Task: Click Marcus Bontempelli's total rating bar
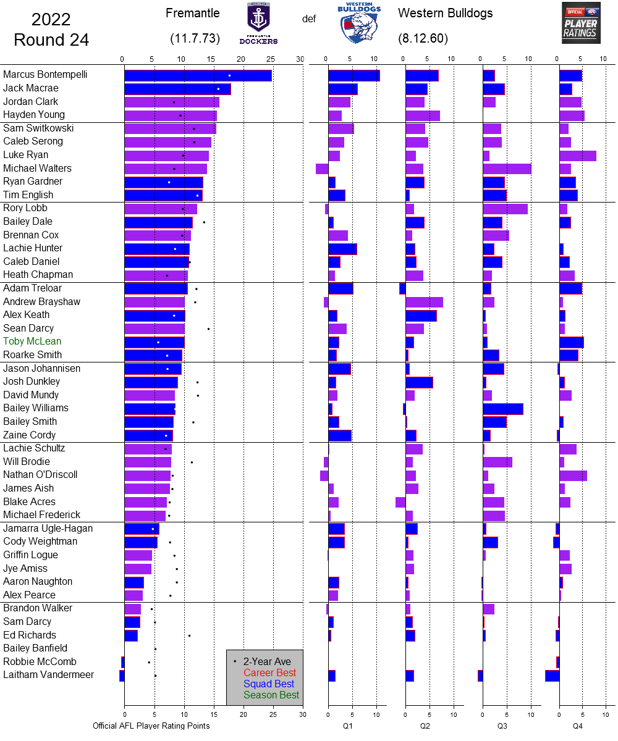pos(198,75)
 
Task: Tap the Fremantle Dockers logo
pos(258,23)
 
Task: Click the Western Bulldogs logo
pos(359,23)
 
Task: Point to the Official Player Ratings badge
pos(581,23)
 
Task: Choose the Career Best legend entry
pos(269,672)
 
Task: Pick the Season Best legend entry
pos(271,695)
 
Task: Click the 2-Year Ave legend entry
pos(269,661)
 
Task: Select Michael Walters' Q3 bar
pos(507,169)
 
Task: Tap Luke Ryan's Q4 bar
pos(578,156)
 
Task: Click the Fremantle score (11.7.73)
pos(195,38)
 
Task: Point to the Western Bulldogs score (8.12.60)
pos(423,38)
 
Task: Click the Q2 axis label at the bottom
pos(425,726)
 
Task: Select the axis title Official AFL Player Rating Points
pos(151,726)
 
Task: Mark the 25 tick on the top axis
pos(271,59)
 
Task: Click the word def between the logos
pos(309,19)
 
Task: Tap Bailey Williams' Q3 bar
pos(502,408)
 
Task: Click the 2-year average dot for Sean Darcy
pos(208,329)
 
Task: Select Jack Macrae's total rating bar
pos(177,89)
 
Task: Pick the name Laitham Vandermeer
pos(49,675)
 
